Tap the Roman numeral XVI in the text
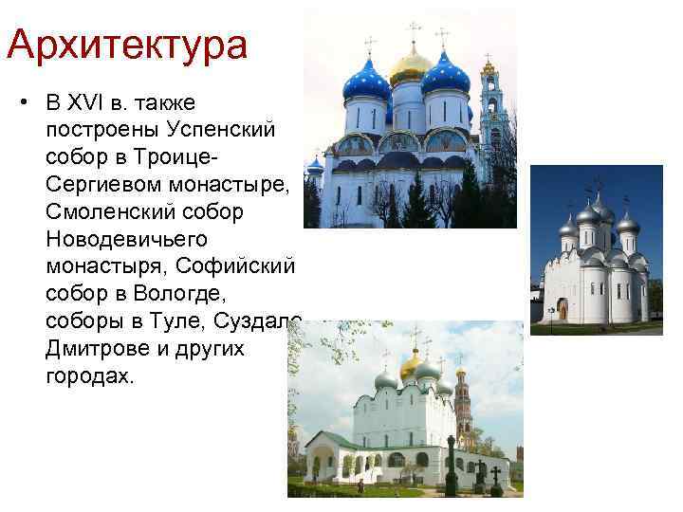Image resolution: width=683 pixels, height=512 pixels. [102, 101]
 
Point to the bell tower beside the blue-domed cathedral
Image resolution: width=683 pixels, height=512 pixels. [489, 114]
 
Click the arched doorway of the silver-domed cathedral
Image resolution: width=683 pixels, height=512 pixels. [562, 309]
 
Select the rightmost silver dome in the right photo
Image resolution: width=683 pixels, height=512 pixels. [627, 224]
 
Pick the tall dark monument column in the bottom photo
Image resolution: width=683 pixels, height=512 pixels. [450, 465]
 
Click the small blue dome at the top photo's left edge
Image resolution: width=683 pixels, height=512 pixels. [315, 167]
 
